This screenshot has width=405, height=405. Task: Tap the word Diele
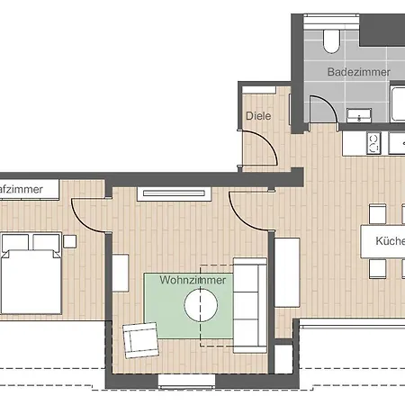pos(258,116)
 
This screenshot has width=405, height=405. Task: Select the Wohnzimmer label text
pos(193,280)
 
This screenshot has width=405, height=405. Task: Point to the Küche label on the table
pos(391,241)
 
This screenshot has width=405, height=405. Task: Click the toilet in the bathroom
pos(329,37)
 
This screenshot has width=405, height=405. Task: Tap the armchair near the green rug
pos(139,338)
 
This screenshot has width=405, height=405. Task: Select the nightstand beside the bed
pos(69,240)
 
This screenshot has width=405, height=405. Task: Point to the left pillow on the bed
pos(16,241)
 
